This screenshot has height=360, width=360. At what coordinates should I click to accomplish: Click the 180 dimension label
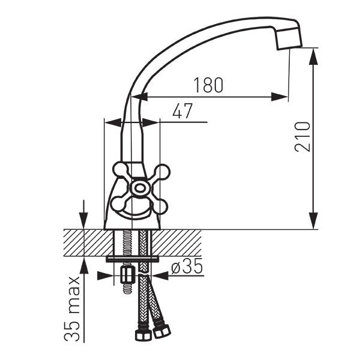click(208, 85)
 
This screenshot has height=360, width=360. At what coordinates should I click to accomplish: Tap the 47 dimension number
click(182, 111)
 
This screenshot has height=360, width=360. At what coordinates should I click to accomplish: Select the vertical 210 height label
click(302, 137)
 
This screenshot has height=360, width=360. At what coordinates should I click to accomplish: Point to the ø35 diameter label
click(187, 266)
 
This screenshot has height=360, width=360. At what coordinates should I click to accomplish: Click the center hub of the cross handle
click(139, 188)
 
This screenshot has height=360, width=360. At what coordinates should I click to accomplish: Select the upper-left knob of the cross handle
click(120, 170)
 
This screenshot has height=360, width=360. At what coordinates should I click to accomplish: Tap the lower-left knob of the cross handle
click(119, 204)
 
